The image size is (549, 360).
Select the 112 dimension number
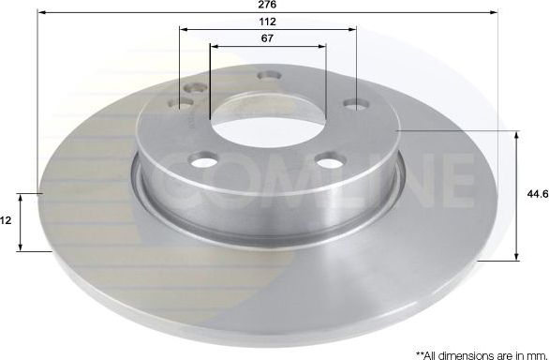[x=267, y=21]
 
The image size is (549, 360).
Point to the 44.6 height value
[x=536, y=194]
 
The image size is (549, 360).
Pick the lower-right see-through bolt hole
[x=327, y=162]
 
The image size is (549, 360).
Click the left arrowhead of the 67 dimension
[x=214, y=44]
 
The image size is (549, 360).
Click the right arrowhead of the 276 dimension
[x=493, y=13]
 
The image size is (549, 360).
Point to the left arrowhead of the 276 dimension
[x=43, y=13]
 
